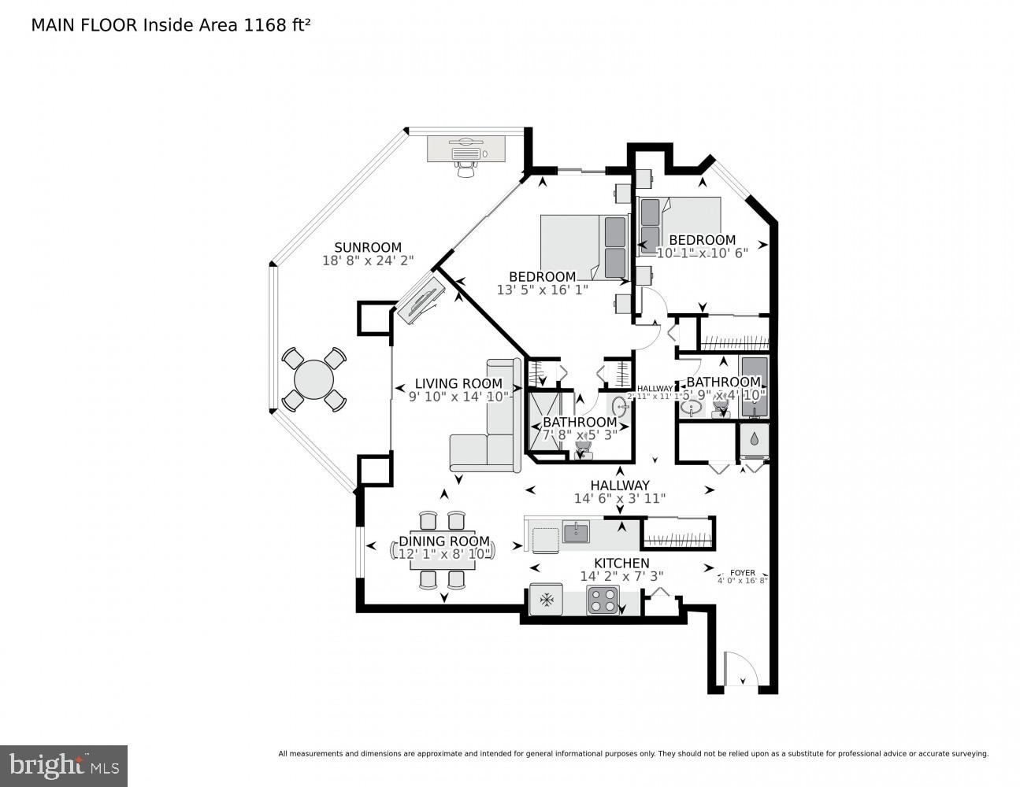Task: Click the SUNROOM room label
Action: (367, 247)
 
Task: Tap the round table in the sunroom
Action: (313, 379)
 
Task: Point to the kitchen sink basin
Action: (576, 534)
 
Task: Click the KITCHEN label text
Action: (621, 563)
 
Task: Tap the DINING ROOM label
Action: (443, 541)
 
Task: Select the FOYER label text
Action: (742, 573)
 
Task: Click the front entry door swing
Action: (740, 671)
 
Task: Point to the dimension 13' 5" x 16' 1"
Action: (543, 290)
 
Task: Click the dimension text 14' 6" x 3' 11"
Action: (621, 498)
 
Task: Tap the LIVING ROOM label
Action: (458, 383)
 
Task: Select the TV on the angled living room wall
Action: (420, 300)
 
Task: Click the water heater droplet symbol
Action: (755, 439)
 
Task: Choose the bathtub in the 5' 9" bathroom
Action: (754, 386)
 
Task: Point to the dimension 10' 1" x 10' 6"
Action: (702, 253)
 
